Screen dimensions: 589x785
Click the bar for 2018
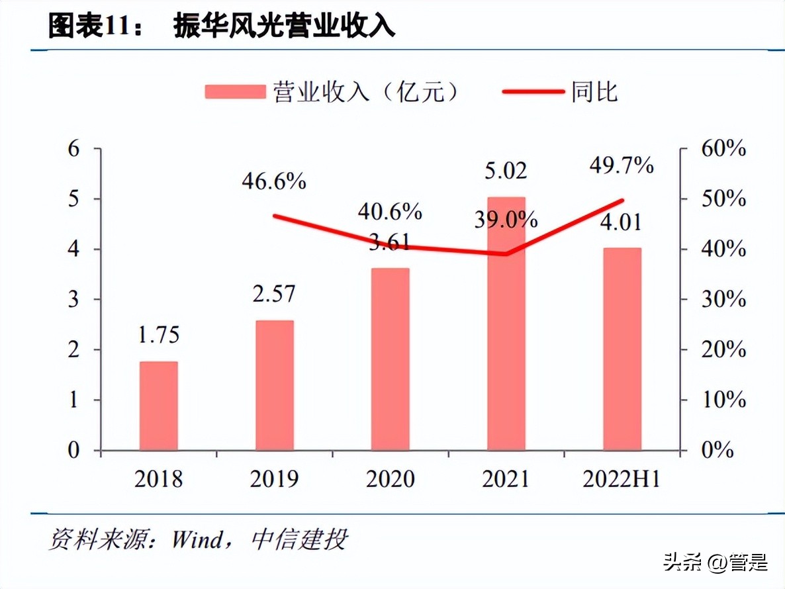point(158,406)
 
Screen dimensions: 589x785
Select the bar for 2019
point(274,385)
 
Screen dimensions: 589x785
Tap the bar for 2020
point(390,359)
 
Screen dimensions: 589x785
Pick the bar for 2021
point(506,324)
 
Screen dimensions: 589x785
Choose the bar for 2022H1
point(622,349)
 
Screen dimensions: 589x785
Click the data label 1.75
point(159,336)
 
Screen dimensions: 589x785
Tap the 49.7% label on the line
point(622,165)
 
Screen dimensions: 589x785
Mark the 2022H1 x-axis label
point(622,479)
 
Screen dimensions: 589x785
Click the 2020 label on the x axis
point(390,479)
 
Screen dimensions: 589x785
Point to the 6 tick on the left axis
point(75,148)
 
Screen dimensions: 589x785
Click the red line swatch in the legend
point(533,91)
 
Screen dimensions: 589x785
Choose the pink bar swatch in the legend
point(234,91)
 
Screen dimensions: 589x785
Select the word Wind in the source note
point(198,540)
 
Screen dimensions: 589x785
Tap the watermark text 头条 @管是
point(716,564)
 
